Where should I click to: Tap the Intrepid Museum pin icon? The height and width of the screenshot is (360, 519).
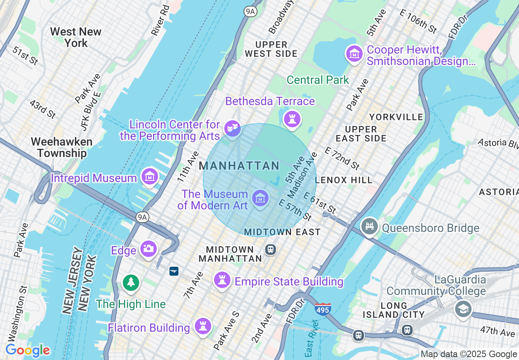(x=150, y=177)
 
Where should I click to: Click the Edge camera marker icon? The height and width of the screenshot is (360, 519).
(x=148, y=249)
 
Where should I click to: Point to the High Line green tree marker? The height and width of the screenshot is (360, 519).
(x=131, y=282)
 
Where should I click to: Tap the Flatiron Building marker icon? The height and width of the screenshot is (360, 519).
(x=203, y=326)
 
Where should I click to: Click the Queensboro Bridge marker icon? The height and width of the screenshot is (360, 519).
(x=369, y=226)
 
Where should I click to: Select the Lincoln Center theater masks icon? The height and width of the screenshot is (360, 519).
(x=232, y=128)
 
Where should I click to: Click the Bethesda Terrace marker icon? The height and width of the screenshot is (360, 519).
(x=292, y=119)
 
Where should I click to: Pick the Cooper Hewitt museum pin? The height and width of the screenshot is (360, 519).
(x=354, y=54)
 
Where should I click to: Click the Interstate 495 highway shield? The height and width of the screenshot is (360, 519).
(x=323, y=309)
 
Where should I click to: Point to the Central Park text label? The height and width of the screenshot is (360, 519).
(x=318, y=80)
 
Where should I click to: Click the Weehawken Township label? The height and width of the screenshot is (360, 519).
(x=61, y=147)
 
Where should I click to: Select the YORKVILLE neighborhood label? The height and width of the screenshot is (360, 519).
(x=396, y=117)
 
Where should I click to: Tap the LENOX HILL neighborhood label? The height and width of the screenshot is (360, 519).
(x=344, y=180)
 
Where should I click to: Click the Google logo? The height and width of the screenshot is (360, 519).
(x=27, y=351)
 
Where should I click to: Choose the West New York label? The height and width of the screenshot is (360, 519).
(x=75, y=37)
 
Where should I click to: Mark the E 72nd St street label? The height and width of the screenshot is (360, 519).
(x=342, y=158)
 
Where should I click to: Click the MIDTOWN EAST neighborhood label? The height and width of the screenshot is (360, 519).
(x=282, y=232)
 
